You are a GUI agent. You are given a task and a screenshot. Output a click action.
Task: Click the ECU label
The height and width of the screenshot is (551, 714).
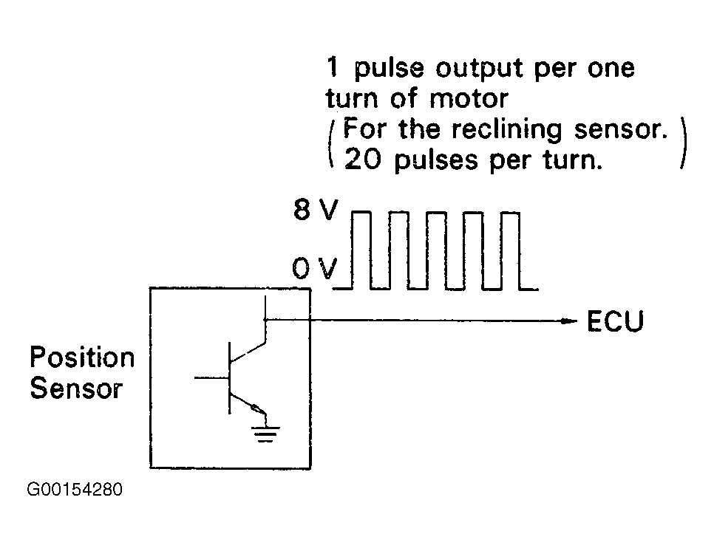(615, 321)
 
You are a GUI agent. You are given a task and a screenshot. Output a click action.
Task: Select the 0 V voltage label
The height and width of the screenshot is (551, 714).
(315, 268)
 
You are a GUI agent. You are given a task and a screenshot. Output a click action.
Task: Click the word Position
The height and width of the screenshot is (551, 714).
(83, 357)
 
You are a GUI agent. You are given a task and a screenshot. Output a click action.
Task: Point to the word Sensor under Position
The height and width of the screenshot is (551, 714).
(77, 389)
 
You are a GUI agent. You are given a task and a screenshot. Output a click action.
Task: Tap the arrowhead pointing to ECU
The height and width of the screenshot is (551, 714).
(568, 321)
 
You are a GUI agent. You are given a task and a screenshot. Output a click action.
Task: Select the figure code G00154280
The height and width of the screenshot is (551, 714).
(75, 490)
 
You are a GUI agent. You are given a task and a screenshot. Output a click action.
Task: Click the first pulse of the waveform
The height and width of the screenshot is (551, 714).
(361, 250)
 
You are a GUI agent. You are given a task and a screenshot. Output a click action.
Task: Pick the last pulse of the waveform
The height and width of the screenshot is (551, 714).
(511, 250)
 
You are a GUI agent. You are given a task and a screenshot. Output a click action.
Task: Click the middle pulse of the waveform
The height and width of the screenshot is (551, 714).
(436, 250)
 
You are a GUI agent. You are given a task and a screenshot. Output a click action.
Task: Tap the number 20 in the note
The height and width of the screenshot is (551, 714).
(362, 160)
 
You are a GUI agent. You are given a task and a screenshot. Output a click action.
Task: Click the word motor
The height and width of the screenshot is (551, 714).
(469, 99)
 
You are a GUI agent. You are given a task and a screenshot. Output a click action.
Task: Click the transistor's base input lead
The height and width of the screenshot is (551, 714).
(211, 377)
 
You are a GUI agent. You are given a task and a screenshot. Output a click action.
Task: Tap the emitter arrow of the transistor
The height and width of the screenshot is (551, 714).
(258, 408)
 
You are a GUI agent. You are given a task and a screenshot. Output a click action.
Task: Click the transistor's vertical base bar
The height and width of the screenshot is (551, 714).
(229, 378)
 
